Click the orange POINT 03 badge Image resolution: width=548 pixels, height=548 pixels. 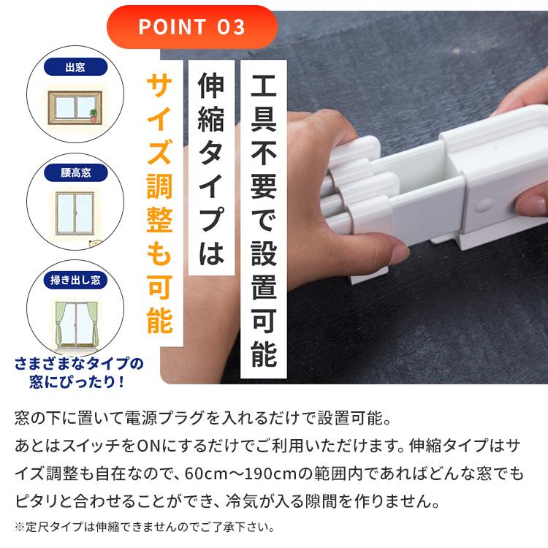(192, 27)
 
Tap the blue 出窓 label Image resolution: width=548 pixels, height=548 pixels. (75, 67)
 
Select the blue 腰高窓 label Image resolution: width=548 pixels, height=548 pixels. (75, 174)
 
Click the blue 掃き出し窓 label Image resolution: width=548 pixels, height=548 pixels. (75, 280)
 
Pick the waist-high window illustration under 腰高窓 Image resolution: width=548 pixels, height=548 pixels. (75, 213)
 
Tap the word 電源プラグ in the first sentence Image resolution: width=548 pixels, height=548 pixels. (172, 420)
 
